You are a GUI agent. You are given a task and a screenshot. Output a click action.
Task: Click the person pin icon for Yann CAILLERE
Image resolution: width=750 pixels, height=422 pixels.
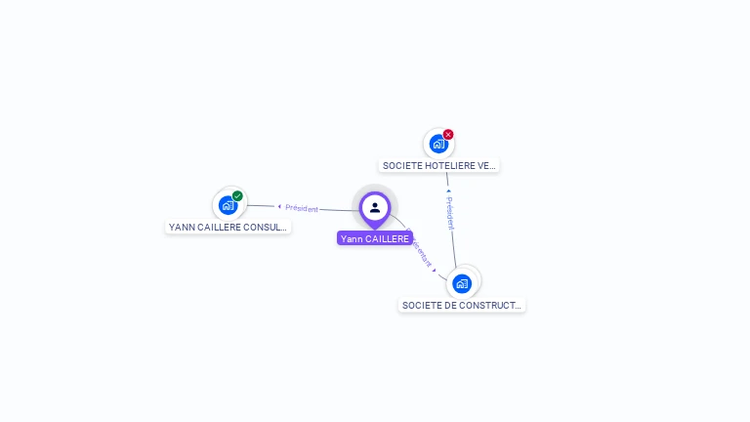pyautogui.click(x=375, y=207)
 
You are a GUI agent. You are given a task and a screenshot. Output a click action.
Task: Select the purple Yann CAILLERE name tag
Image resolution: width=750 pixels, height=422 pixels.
pyautogui.click(x=375, y=238)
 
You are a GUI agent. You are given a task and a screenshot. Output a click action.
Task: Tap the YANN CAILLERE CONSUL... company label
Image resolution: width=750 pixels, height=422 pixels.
pyautogui.click(x=229, y=227)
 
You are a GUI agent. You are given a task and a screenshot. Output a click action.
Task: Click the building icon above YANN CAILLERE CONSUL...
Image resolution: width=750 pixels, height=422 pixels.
pyautogui.click(x=228, y=205)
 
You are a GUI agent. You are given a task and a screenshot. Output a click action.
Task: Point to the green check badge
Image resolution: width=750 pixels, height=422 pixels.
pyautogui.click(x=237, y=195)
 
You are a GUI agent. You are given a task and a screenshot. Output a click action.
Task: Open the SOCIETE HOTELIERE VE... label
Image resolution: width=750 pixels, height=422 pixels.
pyautogui.click(x=439, y=166)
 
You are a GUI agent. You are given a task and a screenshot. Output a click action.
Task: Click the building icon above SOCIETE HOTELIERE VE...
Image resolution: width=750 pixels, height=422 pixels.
pyautogui.click(x=438, y=144)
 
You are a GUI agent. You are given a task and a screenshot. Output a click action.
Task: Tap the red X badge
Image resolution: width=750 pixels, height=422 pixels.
pyautogui.click(x=448, y=134)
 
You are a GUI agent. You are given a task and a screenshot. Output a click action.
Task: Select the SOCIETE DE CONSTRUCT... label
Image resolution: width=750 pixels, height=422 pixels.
pyautogui.click(x=462, y=306)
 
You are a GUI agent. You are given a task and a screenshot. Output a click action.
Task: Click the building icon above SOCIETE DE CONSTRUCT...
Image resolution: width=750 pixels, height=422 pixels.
pyautogui.click(x=462, y=283)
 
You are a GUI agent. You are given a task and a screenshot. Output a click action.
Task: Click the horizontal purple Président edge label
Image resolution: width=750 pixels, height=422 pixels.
pyautogui.click(x=302, y=208)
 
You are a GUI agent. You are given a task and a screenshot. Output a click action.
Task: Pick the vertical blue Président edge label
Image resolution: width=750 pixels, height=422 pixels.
pyautogui.click(x=450, y=213)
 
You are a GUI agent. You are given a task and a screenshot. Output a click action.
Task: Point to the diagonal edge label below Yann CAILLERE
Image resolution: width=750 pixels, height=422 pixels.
pyautogui.click(x=421, y=250)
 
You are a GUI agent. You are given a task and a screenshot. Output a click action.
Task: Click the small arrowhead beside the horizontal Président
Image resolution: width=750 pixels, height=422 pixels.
pyautogui.click(x=279, y=206)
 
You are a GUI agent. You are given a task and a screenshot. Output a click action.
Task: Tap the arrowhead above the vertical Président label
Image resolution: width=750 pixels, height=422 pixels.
pyautogui.click(x=448, y=191)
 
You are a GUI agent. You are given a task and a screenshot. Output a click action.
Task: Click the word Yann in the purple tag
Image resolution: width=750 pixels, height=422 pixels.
pyautogui.click(x=352, y=238)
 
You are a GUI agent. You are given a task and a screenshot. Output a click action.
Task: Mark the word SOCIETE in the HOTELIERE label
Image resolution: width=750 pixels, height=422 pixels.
pyautogui.click(x=402, y=166)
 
